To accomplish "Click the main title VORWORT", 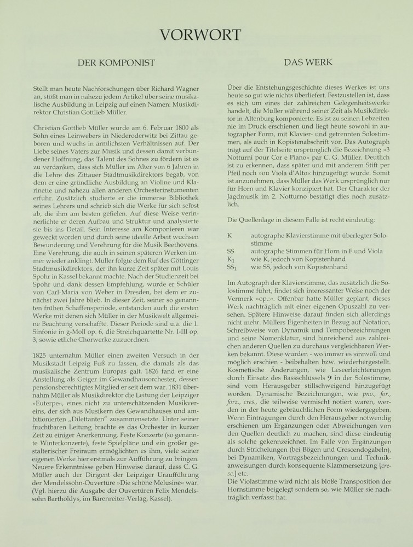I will (x=206, y=35).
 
